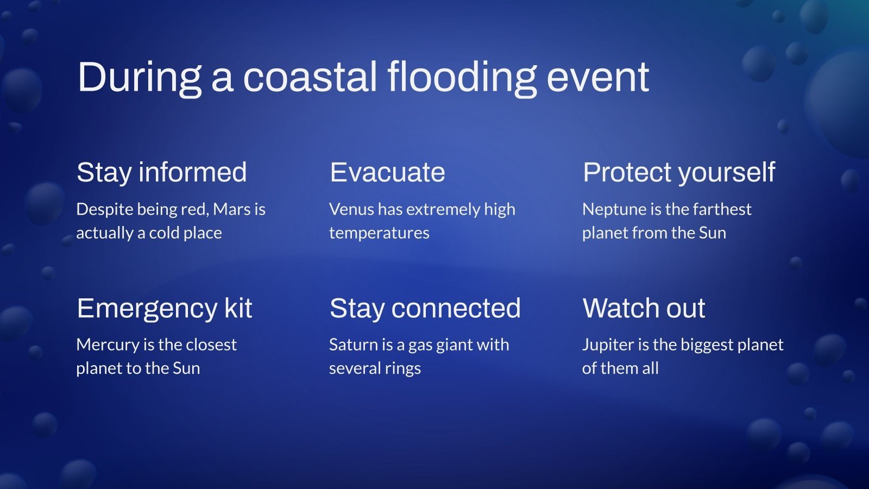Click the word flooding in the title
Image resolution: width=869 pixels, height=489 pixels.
(462, 77)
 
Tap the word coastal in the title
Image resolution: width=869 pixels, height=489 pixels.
(310, 77)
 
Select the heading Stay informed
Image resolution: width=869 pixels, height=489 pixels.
(161, 173)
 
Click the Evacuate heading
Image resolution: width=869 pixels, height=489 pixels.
(387, 173)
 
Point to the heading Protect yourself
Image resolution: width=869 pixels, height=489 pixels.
(678, 173)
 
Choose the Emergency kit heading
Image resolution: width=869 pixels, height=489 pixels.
(164, 309)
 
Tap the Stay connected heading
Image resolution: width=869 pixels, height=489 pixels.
(425, 309)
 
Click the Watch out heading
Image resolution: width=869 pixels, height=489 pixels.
(644, 309)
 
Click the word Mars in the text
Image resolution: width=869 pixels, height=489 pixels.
(232, 209)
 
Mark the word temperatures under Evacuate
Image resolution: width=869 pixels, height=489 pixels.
(379, 233)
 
